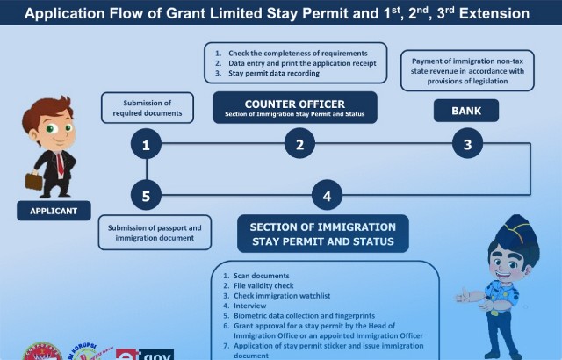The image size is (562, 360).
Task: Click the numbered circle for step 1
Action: [x=147, y=145]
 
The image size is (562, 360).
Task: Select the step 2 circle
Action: [x=299, y=145]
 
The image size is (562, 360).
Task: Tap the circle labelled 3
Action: [x=467, y=145]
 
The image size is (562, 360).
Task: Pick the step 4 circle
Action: [x=327, y=196]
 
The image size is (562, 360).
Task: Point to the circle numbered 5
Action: [x=147, y=196]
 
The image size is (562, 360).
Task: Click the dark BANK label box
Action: [x=467, y=110]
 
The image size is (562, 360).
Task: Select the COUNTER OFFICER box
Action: [x=295, y=107]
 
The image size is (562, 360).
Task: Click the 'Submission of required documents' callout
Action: [x=147, y=108]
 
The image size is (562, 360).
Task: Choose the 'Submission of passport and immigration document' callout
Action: [x=155, y=233]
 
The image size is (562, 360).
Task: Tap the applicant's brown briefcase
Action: [x=33, y=181]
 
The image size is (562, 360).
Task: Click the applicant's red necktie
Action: [x=59, y=162]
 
